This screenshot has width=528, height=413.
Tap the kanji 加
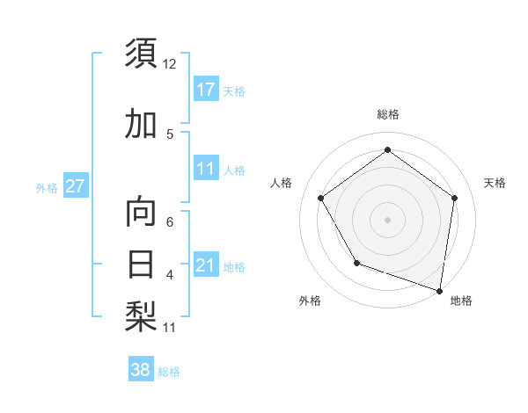click(x=142, y=125)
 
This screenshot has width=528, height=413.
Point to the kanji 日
click(x=142, y=264)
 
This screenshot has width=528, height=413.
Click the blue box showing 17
click(x=206, y=90)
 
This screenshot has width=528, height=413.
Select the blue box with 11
click(x=206, y=169)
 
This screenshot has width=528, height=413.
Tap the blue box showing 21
click(x=206, y=265)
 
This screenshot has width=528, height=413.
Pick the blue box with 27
click(x=75, y=186)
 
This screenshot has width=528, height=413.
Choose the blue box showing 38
click(x=141, y=371)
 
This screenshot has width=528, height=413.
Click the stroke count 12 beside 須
click(x=170, y=64)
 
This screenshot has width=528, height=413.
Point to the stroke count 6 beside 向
click(x=170, y=222)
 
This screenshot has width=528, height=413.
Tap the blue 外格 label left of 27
click(x=47, y=187)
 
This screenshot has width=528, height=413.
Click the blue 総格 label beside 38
click(x=170, y=372)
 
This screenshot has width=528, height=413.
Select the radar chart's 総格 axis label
click(x=387, y=114)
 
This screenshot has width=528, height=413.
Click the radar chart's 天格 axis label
click(x=495, y=183)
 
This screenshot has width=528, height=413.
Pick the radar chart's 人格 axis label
click(x=282, y=183)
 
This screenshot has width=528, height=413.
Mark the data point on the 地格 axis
click(x=439, y=289)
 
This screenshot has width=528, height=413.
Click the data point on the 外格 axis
click(x=356, y=263)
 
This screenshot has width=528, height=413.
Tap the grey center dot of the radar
click(x=387, y=219)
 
